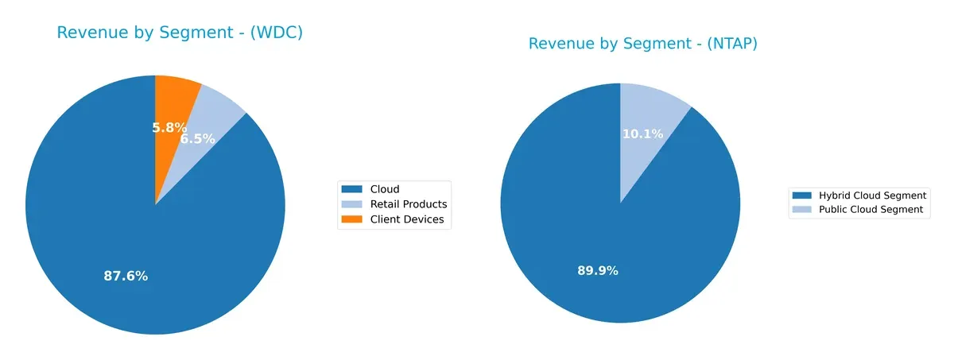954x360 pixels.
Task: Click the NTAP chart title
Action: (642, 44)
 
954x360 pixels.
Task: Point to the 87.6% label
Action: (126, 277)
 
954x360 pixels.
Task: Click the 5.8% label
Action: (169, 127)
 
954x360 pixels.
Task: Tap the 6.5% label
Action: (197, 138)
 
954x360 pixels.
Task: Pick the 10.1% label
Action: (642, 134)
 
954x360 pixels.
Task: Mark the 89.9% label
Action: (598, 271)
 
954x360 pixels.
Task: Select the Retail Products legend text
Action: (409, 204)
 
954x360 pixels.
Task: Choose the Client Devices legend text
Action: (407, 219)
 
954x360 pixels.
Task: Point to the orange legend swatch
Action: (352, 219)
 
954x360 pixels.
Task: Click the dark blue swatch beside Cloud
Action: (352, 189)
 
